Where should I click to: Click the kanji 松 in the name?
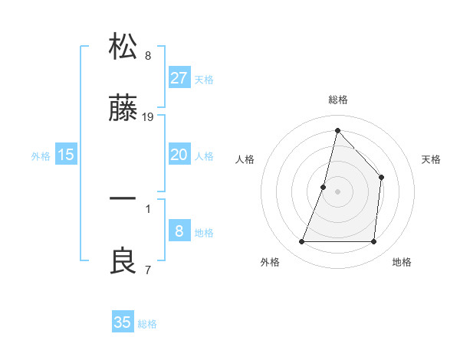coord(123,47)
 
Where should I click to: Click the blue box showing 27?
coord(179,77)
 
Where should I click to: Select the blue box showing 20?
coord(179,155)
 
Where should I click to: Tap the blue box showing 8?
coord(179,231)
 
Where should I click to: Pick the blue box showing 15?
coord(66,155)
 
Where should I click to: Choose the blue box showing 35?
coord(123,322)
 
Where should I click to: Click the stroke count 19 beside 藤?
coord(149,117)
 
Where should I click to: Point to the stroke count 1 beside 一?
coord(148,207)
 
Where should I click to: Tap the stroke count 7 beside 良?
coord(148,270)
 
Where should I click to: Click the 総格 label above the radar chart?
coord(337,100)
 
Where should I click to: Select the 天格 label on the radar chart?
coord(432,159)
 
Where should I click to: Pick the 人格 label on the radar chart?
coord(245,159)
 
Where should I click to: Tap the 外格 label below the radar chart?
coord(270,262)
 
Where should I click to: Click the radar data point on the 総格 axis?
coord(337,130)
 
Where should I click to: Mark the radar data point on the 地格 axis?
coord(373,242)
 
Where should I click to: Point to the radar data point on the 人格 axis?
coord(324,187)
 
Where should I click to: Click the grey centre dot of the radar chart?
coord(337,191)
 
